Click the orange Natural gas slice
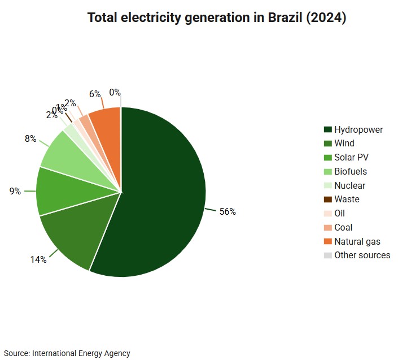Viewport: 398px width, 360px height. pos(107,122)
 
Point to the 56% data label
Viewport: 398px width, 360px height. pos(228,212)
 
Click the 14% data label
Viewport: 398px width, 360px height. pos(38,260)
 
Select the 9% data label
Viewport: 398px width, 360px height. pos(15,192)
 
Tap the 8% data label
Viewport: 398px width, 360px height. pos(30,138)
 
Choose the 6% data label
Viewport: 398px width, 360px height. pos(95,94)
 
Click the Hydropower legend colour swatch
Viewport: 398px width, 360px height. pos(327,130)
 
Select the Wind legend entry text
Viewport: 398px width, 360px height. pos(344,144)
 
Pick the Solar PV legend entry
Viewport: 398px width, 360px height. pos(351,158)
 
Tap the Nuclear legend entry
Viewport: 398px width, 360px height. pos(349,185)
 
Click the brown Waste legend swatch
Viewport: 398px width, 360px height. pos(327,199)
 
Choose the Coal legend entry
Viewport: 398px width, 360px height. pos(343,227)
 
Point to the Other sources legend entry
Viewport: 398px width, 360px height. pos(362,255)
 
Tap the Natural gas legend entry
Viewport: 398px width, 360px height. pos(357,241)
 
